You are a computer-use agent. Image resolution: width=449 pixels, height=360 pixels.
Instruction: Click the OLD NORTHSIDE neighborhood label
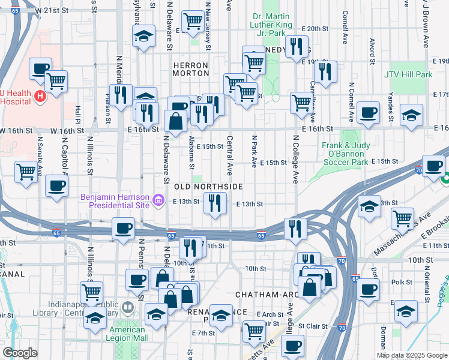point(208,187)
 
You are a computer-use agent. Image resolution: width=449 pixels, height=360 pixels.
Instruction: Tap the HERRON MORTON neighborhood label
point(190,68)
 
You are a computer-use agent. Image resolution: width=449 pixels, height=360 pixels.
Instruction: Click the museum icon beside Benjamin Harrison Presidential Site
point(158,199)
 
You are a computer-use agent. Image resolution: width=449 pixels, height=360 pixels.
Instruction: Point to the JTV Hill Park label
point(408,74)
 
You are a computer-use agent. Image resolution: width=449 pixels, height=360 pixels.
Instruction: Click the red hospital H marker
point(40,95)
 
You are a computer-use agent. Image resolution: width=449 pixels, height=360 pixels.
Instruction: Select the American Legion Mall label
point(127,334)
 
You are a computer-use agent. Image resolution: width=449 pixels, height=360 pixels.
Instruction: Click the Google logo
point(20,353)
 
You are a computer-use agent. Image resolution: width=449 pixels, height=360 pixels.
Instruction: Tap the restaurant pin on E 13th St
point(215,203)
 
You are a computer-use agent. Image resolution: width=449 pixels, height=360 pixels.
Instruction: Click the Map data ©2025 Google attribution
point(412,355)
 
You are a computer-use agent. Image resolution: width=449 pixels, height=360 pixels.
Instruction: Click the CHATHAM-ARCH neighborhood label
point(262,295)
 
